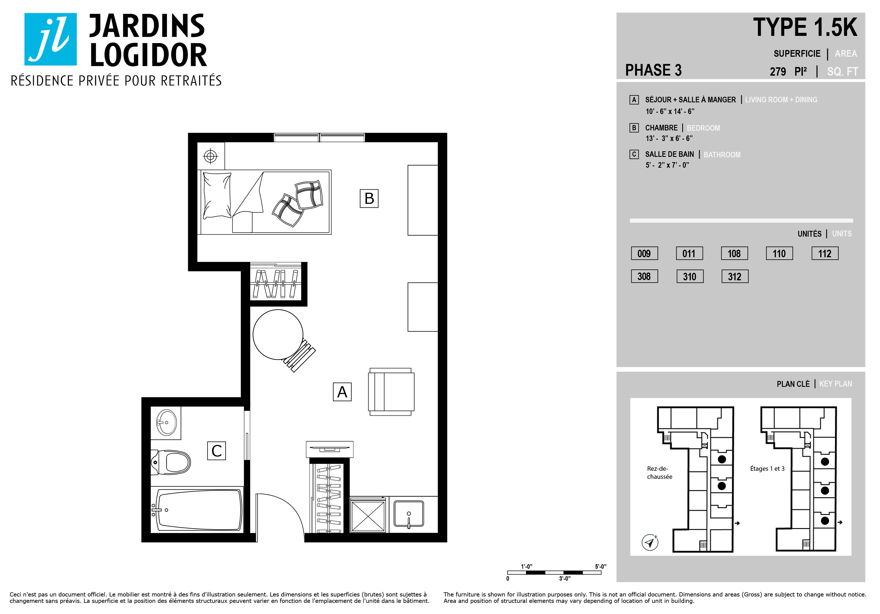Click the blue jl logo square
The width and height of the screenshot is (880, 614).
(x=51, y=39)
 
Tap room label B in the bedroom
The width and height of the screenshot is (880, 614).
(x=369, y=199)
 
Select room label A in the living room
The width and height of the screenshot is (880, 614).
(x=342, y=392)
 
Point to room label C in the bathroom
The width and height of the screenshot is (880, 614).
(x=216, y=450)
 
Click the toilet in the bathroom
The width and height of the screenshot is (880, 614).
(x=171, y=462)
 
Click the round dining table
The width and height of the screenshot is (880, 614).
(x=278, y=335)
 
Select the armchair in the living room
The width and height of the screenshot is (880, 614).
(x=391, y=392)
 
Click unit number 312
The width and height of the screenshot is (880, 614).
(x=734, y=276)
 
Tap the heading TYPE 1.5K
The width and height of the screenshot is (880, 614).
(x=805, y=27)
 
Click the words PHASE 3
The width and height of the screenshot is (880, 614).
(x=654, y=70)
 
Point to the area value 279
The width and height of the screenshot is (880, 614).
(x=778, y=72)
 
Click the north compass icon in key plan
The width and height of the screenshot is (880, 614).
(x=650, y=542)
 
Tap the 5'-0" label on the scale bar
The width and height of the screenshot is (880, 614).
(x=600, y=566)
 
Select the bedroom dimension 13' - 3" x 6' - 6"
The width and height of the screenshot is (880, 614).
(x=669, y=138)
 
